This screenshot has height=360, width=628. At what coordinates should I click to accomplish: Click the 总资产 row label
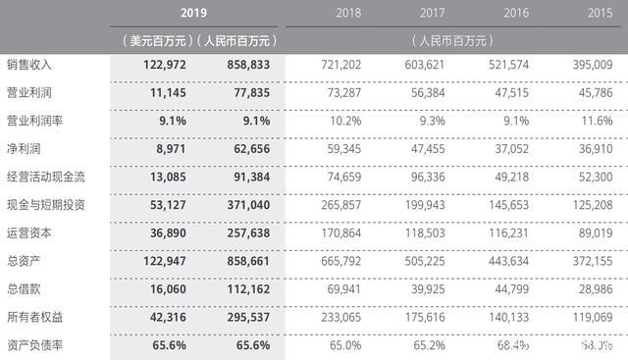tap(22, 263)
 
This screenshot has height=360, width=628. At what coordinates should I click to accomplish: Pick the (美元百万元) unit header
tap(152, 41)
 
